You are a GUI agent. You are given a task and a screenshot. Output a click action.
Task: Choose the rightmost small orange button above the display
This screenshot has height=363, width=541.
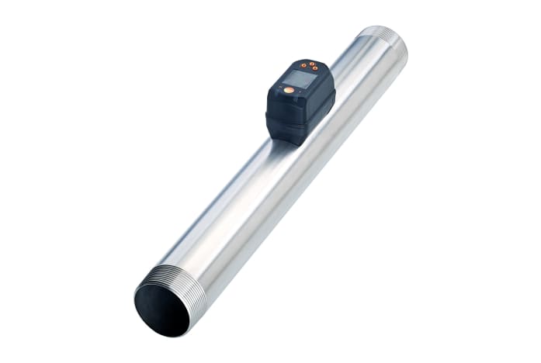[x=315, y=68]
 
